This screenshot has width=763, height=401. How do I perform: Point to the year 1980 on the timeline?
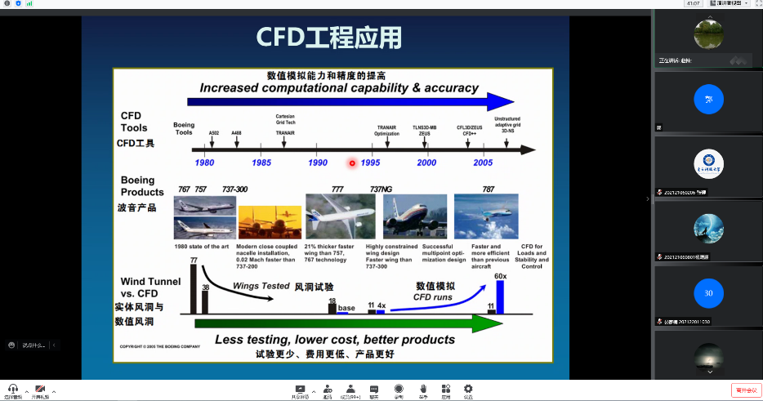coord(204,163)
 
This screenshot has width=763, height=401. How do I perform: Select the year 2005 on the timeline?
coord(482,163)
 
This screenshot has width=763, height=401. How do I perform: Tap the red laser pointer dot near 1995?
coord(352,163)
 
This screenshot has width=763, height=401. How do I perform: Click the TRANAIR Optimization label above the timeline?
coord(386,130)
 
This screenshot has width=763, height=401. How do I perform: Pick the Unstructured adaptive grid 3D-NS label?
coord(507,124)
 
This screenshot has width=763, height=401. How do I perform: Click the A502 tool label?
coord(213,132)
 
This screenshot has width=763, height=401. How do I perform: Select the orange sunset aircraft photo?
coord(269,221)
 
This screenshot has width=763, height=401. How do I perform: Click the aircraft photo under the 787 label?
coord(486,216)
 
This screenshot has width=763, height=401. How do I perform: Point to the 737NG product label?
coord(381,189)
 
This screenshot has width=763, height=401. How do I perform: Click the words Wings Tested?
coord(261,287)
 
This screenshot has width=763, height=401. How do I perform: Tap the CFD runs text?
coord(433,297)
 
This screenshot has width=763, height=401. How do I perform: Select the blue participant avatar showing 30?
coord(708,292)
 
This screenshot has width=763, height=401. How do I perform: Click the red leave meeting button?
coord(745,390)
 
